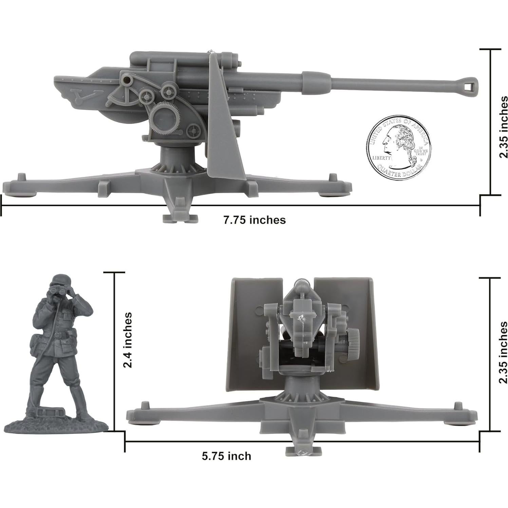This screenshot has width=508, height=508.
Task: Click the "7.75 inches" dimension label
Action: tap(254, 220)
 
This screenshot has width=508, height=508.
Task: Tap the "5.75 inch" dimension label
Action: tap(226, 456)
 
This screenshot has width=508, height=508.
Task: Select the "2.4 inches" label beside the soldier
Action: tap(128, 340)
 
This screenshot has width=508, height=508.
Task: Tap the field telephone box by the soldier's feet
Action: tap(47, 412)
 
